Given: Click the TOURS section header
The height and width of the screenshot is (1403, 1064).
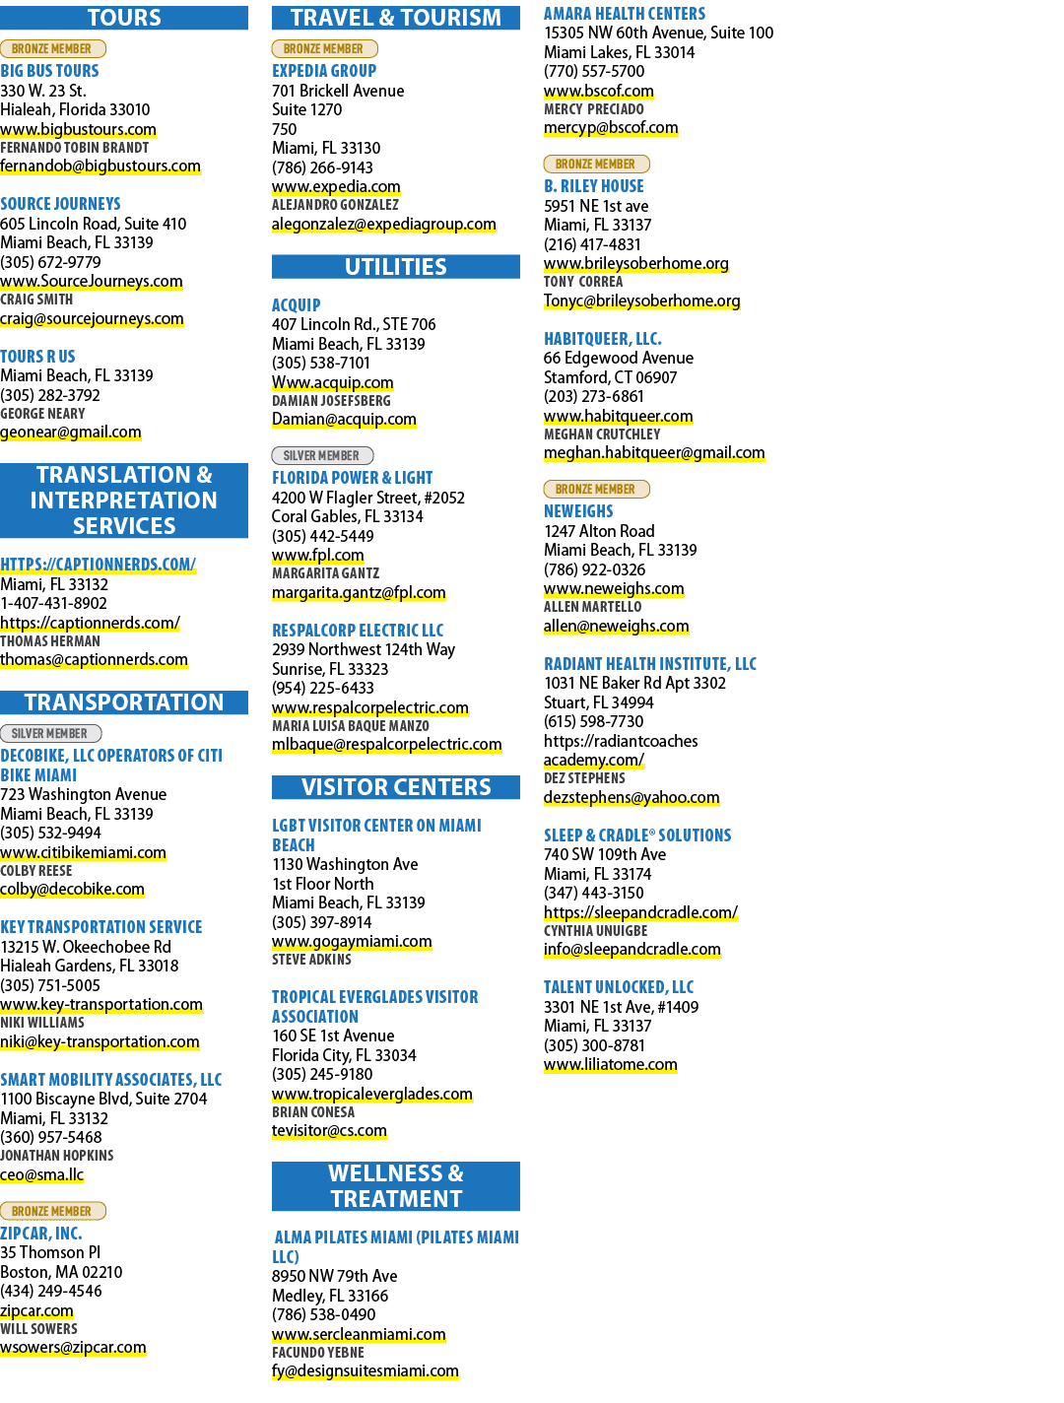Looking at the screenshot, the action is tap(123, 18).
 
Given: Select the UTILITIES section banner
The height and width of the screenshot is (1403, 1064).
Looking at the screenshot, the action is tap(396, 267).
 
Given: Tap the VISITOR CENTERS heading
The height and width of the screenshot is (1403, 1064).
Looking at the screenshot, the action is tap(396, 787).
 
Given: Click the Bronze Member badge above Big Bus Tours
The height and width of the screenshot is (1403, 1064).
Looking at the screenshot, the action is tap(53, 48).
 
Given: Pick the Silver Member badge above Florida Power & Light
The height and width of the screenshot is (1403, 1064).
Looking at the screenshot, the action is tap(322, 455).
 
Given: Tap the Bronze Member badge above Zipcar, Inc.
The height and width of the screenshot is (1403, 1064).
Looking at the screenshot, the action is tap(53, 1211).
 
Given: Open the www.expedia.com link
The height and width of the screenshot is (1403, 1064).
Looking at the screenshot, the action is tap(336, 186).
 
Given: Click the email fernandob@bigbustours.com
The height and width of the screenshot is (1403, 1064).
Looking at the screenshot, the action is tap(100, 167).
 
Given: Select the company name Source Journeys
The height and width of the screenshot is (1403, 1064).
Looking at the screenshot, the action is tap(60, 204).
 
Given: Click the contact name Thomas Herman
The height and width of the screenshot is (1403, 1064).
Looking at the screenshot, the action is tap(50, 641).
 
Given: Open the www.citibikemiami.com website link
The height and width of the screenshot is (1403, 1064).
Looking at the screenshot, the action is tap(83, 852).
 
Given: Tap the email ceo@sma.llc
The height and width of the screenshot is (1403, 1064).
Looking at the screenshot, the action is tap(41, 1174).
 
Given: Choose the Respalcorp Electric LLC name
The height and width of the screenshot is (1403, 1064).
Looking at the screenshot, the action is tap(358, 631).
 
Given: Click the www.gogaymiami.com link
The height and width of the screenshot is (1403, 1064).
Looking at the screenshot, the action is tap(352, 942).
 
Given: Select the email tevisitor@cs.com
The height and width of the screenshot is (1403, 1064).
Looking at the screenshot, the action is tap(329, 1130).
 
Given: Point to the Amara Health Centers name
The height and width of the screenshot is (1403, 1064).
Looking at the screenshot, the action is tap(625, 14).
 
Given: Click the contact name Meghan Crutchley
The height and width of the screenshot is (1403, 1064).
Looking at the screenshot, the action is tap(602, 434).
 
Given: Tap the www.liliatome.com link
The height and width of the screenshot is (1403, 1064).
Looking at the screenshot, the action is tap(610, 1064).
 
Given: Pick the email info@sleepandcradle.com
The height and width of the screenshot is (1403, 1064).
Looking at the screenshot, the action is tap(632, 949).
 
